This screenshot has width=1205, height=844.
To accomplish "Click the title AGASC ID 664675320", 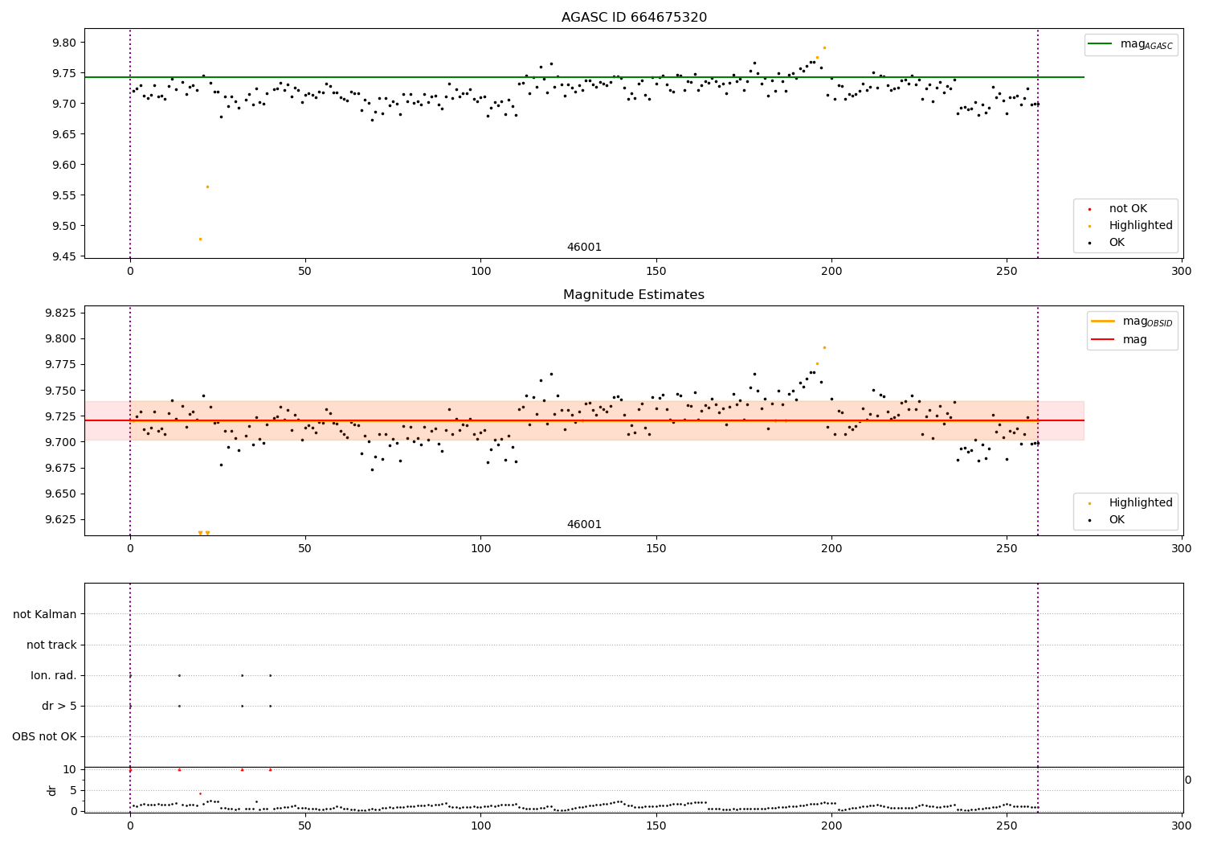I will coord(634,18).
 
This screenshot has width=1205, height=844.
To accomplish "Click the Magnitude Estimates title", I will coord(633,295).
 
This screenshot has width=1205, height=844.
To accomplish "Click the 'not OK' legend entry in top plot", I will coord(1128,209).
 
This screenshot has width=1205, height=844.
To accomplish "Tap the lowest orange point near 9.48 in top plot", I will coord(200,239).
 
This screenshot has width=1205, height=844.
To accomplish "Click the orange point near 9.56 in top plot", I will coord(207,186).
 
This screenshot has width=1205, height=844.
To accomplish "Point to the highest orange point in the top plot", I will coord(824,47).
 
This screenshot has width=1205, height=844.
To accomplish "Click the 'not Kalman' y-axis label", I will coord(45,614).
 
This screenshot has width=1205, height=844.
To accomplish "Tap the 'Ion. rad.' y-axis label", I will coord(54,675).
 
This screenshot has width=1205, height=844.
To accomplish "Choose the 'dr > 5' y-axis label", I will coord(59,706).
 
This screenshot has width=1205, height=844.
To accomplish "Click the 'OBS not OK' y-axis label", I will coord(44,736).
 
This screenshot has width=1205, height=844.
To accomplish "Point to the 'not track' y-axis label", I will coord(51,645).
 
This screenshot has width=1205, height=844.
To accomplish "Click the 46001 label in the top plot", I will coord(584,248).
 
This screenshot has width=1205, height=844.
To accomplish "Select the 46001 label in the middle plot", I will coord(584,525).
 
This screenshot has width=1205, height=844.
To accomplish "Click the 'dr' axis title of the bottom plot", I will coord(52,790).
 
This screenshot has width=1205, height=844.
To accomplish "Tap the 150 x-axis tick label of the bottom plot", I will coord(656,826).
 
